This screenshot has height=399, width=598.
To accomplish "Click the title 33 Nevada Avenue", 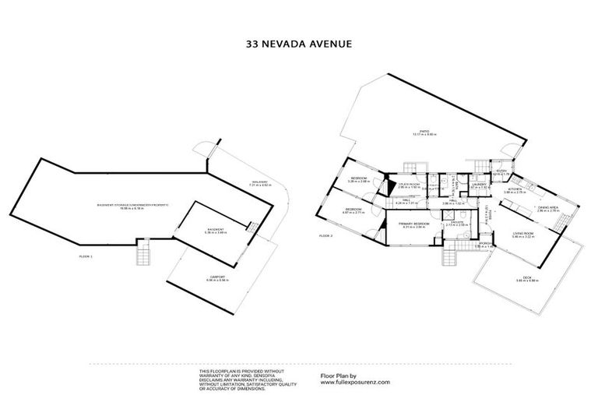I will [299, 44].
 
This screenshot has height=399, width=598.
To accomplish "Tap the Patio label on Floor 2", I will [424, 133].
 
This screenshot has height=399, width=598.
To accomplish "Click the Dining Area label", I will [548, 208].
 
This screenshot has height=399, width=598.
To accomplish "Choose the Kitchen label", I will [515, 190].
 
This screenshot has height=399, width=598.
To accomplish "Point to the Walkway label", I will [259, 183].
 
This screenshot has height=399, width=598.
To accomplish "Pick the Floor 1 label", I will [86, 256].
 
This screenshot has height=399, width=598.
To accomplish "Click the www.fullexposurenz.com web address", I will [356, 383].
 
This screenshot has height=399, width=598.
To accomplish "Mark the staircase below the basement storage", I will [142, 253].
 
